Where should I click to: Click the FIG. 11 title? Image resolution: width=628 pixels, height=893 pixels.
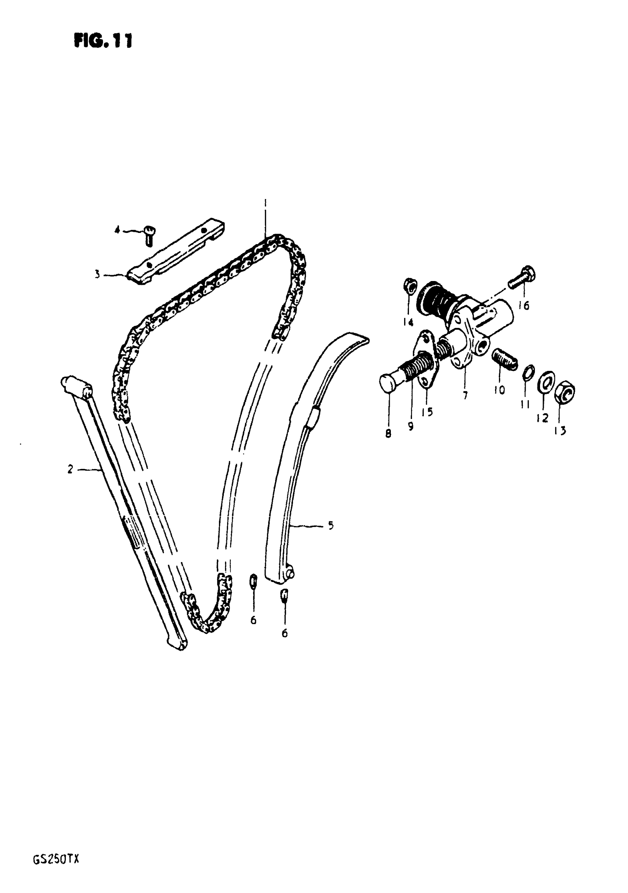pyautogui.click(x=103, y=40)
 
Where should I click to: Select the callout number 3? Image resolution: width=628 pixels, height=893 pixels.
pyautogui.click(x=97, y=275)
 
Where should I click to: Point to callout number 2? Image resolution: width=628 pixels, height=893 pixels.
pyautogui.click(x=70, y=470)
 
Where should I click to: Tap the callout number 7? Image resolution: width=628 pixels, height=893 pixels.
pyautogui.click(x=465, y=396)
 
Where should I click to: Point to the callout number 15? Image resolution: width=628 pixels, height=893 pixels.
pyautogui.click(x=427, y=412)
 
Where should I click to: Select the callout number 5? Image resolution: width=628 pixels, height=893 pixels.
pyautogui.click(x=331, y=526)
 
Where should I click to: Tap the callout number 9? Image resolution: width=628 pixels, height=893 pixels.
pyautogui.click(x=410, y=426)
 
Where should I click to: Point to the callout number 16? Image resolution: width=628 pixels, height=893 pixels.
pyautogui.click(x=524, y=306)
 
